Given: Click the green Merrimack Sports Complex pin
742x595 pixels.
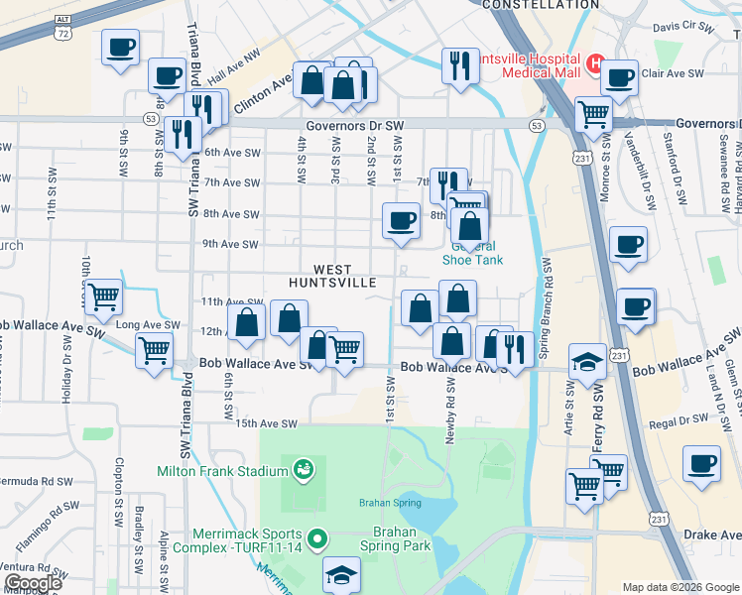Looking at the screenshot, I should [317, 539].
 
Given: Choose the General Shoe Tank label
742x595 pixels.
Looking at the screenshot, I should [472, 254].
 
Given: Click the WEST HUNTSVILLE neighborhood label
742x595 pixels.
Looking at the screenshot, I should [332, 276].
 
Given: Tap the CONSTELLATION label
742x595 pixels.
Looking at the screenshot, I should [541, 5].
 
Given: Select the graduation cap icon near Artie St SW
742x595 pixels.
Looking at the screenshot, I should [587, 363].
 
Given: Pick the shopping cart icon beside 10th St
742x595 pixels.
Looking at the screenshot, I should [103, 296].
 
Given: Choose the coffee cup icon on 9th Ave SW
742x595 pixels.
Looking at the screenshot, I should [401, 219].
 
